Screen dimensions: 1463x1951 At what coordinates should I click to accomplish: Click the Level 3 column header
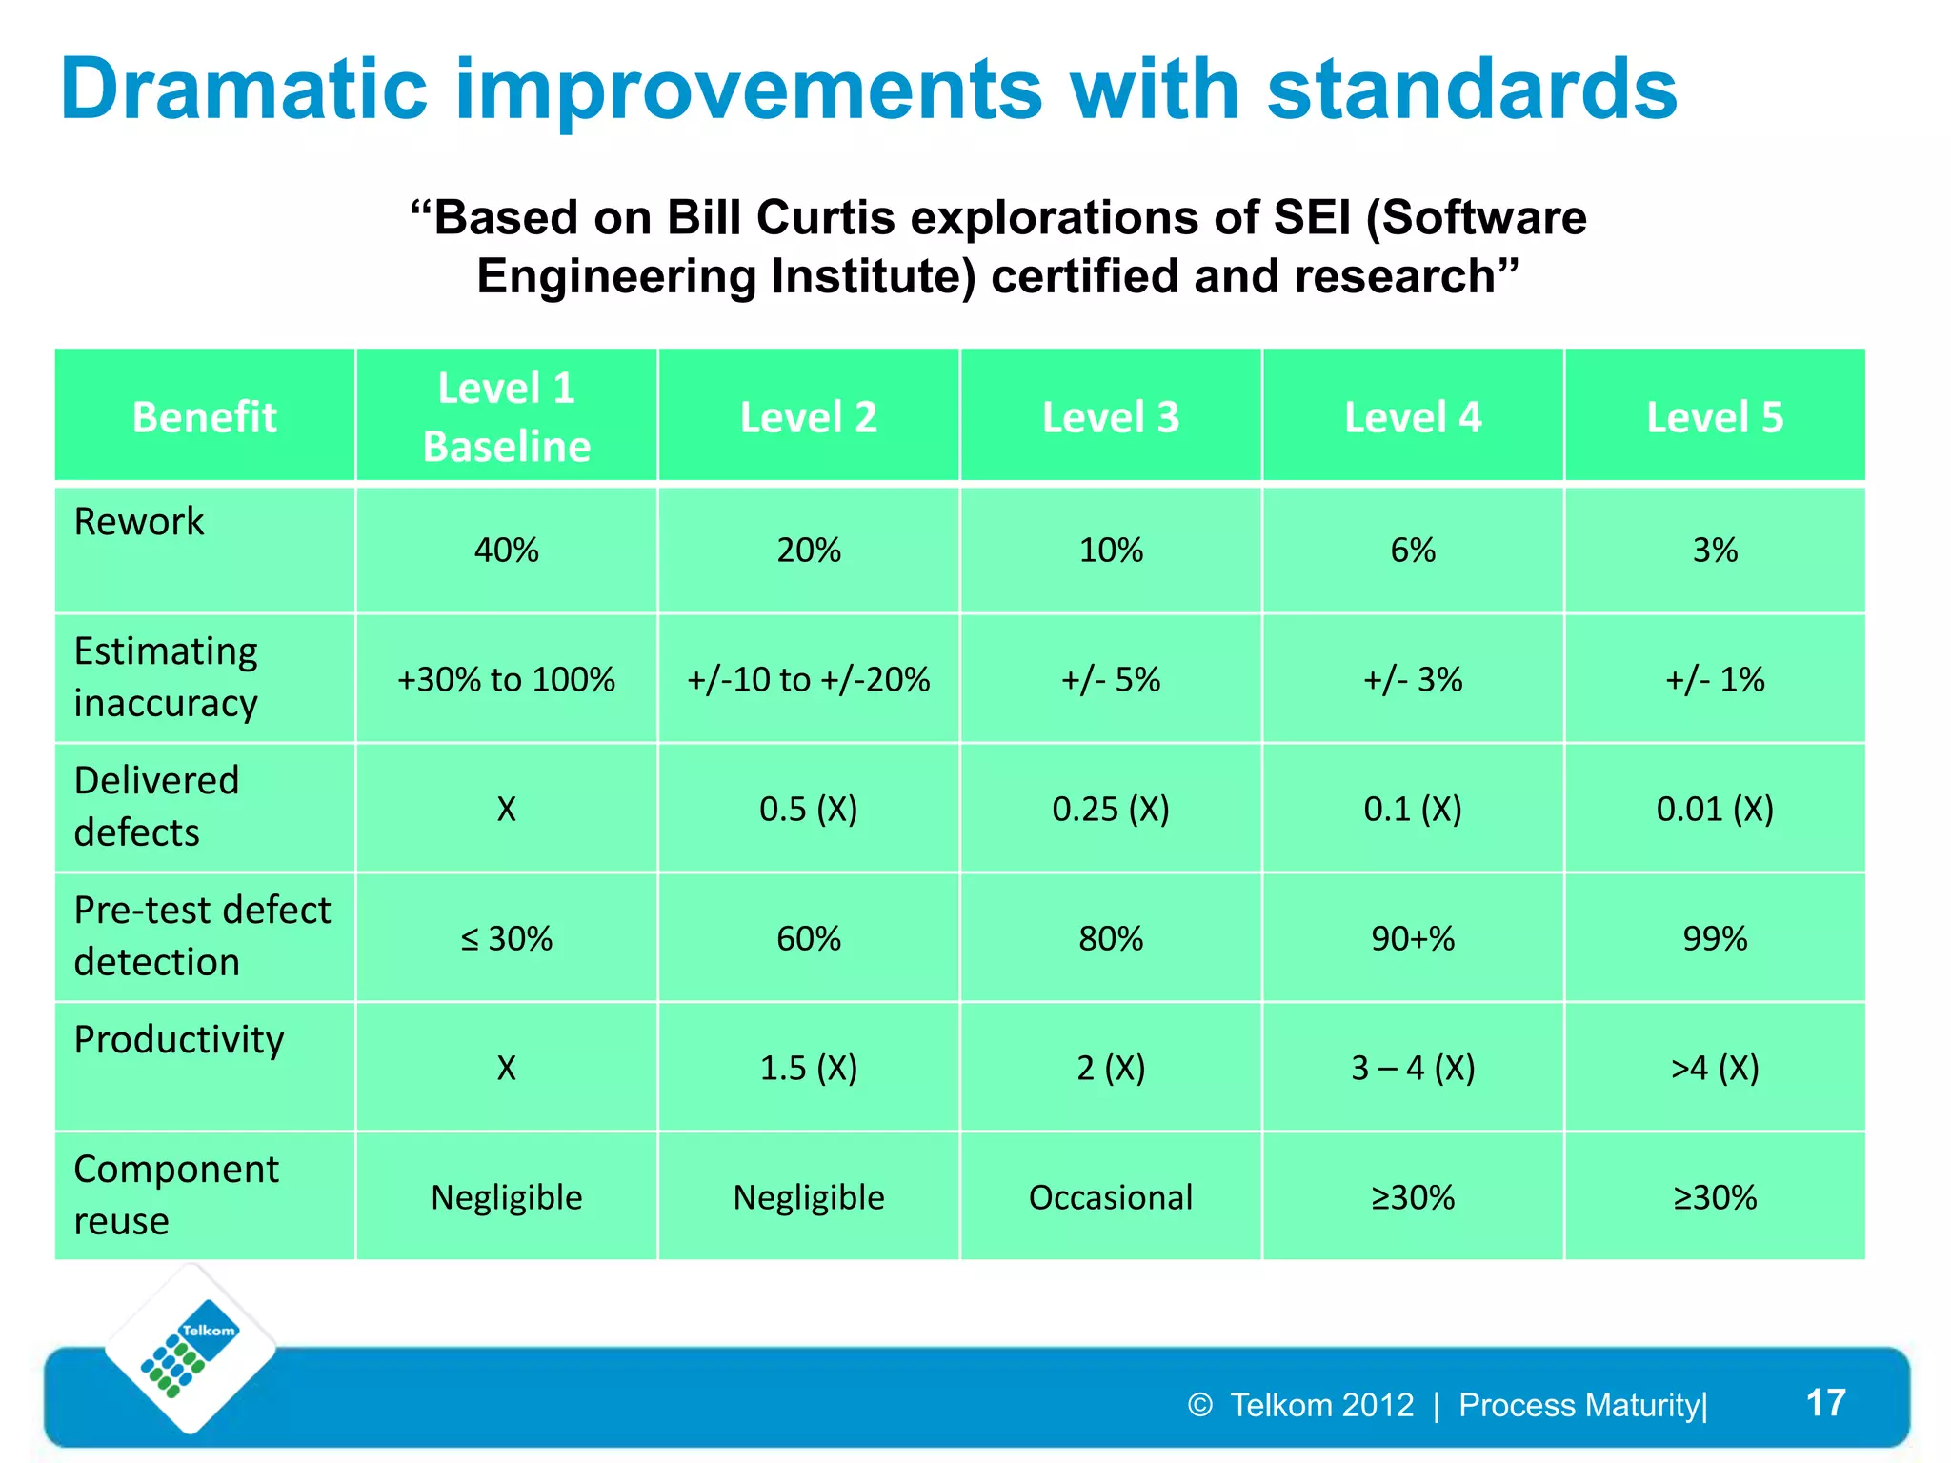1111,417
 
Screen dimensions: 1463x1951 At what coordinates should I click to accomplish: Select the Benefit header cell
204,417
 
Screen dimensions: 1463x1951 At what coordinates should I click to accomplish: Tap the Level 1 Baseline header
506,417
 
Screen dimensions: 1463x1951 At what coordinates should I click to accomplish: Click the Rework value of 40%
506,551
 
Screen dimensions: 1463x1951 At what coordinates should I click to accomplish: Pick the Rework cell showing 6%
1413,551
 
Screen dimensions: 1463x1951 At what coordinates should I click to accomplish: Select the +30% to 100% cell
506,680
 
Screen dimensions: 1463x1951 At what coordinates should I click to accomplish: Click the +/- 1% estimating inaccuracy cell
1715,680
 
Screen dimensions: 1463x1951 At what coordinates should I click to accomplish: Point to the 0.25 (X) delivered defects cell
1111,810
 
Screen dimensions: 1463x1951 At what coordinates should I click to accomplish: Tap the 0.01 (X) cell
1715,810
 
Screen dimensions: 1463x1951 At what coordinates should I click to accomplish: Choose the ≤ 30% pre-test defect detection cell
506,939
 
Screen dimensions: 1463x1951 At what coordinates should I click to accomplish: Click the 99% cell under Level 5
1715,939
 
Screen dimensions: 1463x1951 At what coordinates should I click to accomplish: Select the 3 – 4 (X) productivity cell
1413,1069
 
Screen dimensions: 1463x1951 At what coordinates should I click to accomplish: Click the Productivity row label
179,1040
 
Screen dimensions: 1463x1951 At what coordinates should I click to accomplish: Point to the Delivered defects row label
156,806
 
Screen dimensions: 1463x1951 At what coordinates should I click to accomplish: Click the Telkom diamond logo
191,1349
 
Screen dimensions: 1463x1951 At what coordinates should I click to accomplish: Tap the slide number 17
1825,1403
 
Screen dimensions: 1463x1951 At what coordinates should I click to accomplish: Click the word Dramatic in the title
244,90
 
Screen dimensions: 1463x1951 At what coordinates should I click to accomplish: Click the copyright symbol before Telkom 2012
1200,1405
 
